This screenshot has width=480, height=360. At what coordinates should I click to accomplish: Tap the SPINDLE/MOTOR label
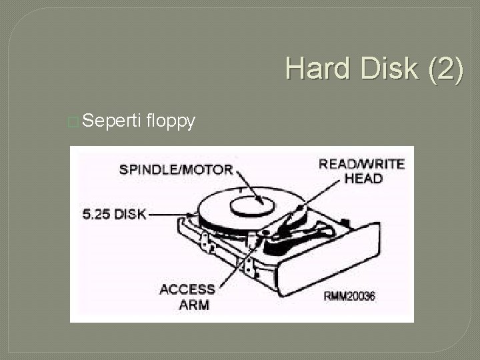click(176, 169)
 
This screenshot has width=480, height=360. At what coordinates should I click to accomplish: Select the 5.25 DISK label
click(114, 215)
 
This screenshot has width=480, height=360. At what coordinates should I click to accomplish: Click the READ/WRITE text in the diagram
click(362, 164)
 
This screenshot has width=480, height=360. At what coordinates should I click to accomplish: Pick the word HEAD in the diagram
click(363, 178)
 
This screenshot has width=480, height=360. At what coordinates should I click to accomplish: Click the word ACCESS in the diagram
click(187, 290)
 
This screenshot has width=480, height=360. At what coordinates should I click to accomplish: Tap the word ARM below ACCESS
click(195, 305)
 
